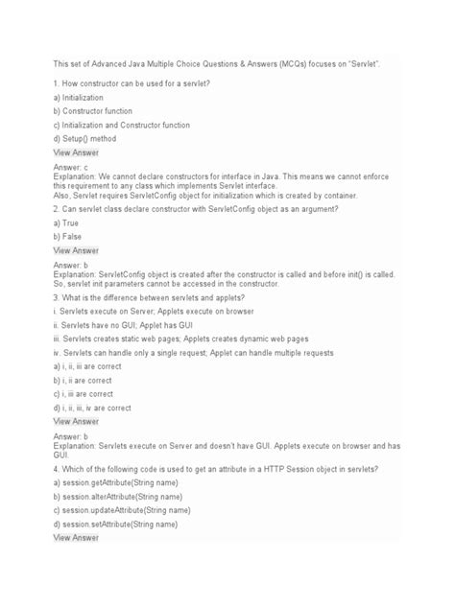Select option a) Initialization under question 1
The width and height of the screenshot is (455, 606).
[85, 98]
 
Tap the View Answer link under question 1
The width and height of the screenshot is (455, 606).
[76, 152]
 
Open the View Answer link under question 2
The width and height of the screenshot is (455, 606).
[76, 250]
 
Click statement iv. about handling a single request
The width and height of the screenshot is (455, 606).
[201, 354]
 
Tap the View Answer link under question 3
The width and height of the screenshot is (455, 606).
[76, 421]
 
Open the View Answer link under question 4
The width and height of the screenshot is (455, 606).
[76, 539]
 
